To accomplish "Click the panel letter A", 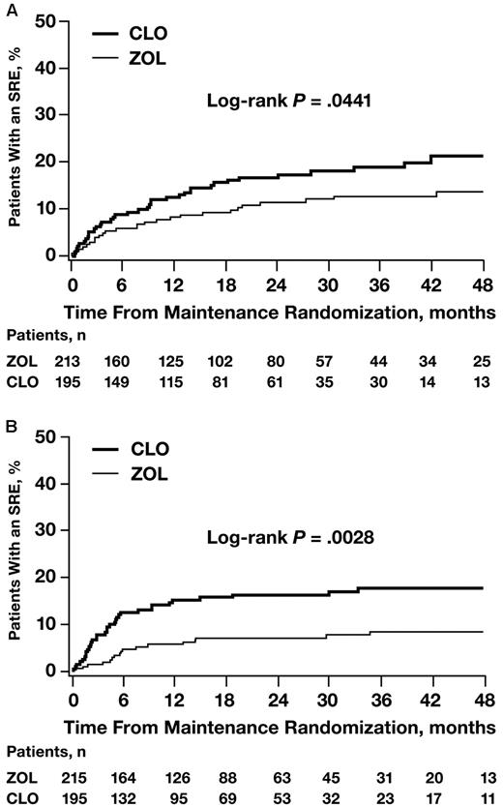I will click(10, 9).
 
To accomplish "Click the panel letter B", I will click(10, 423).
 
